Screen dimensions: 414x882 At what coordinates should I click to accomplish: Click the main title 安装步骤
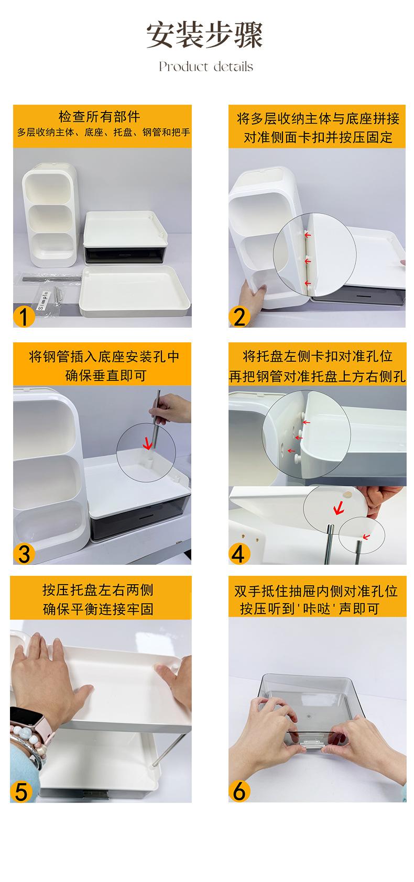(204, 35)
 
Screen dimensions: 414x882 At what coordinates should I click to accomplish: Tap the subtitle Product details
(206, 66)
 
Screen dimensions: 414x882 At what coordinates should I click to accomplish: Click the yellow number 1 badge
(24, 316)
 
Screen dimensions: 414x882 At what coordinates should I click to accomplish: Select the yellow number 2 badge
(239, 317)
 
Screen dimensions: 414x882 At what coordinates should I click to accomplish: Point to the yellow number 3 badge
(24, 554)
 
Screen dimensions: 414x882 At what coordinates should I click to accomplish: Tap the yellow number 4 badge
(238, 554)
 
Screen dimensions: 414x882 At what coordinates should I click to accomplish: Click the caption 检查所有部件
(100, 117)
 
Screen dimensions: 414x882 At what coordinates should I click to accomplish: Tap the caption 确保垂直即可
(106, 375)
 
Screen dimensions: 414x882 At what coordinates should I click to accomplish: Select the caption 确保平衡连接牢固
(98, 609)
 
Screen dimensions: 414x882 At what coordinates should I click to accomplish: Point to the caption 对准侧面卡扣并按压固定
(318, 138)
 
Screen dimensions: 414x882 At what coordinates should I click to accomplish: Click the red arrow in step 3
(147, 442)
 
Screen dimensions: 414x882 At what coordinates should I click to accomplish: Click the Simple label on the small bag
(42, 300)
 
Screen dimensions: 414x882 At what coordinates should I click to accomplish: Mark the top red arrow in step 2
(308, 235)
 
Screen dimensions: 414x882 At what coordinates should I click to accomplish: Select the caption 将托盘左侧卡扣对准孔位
(318, 356)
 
